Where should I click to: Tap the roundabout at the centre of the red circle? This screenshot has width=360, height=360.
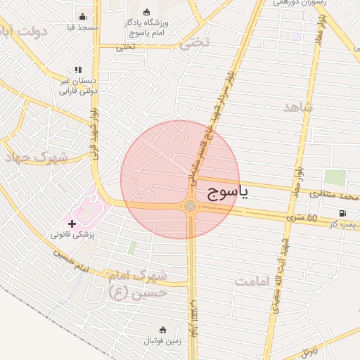click(190, 205)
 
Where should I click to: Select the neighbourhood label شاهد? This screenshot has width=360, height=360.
click(298, 107)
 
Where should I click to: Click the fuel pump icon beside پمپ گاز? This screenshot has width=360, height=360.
click(342, 214)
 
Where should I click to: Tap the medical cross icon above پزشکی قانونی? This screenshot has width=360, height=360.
click(72, 223)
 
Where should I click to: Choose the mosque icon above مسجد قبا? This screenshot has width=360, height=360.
click(83, 17)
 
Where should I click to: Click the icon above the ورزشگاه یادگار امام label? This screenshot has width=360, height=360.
click(146, 12)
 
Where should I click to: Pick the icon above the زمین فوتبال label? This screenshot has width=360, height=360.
click(163, 330)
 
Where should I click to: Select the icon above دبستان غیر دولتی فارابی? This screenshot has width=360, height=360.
click(78, 70)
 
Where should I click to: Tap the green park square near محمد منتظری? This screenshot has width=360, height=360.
click(335, 177)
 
